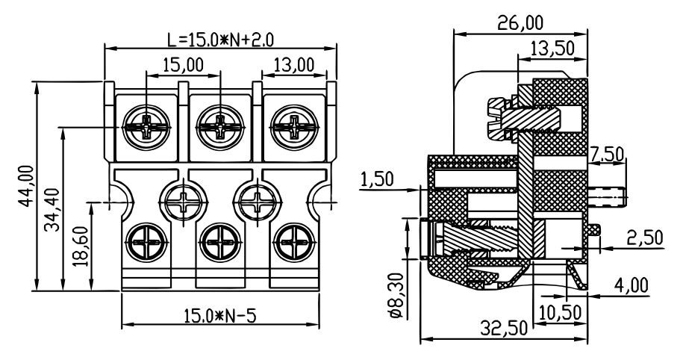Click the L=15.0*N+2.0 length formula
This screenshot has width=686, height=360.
[221, 40]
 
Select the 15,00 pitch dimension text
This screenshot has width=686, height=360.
[184, 65]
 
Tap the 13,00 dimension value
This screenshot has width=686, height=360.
[294, 65]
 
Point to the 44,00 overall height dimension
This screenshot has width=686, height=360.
[25, 186]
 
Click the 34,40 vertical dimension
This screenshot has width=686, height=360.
[52, 210]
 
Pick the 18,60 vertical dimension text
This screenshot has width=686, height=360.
[81, 246]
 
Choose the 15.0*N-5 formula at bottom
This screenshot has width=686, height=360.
[219, 315]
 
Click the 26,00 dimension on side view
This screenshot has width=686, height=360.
[520, 22]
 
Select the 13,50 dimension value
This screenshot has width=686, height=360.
[552, 49]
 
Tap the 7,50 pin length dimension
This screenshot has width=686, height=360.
[606, 154]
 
